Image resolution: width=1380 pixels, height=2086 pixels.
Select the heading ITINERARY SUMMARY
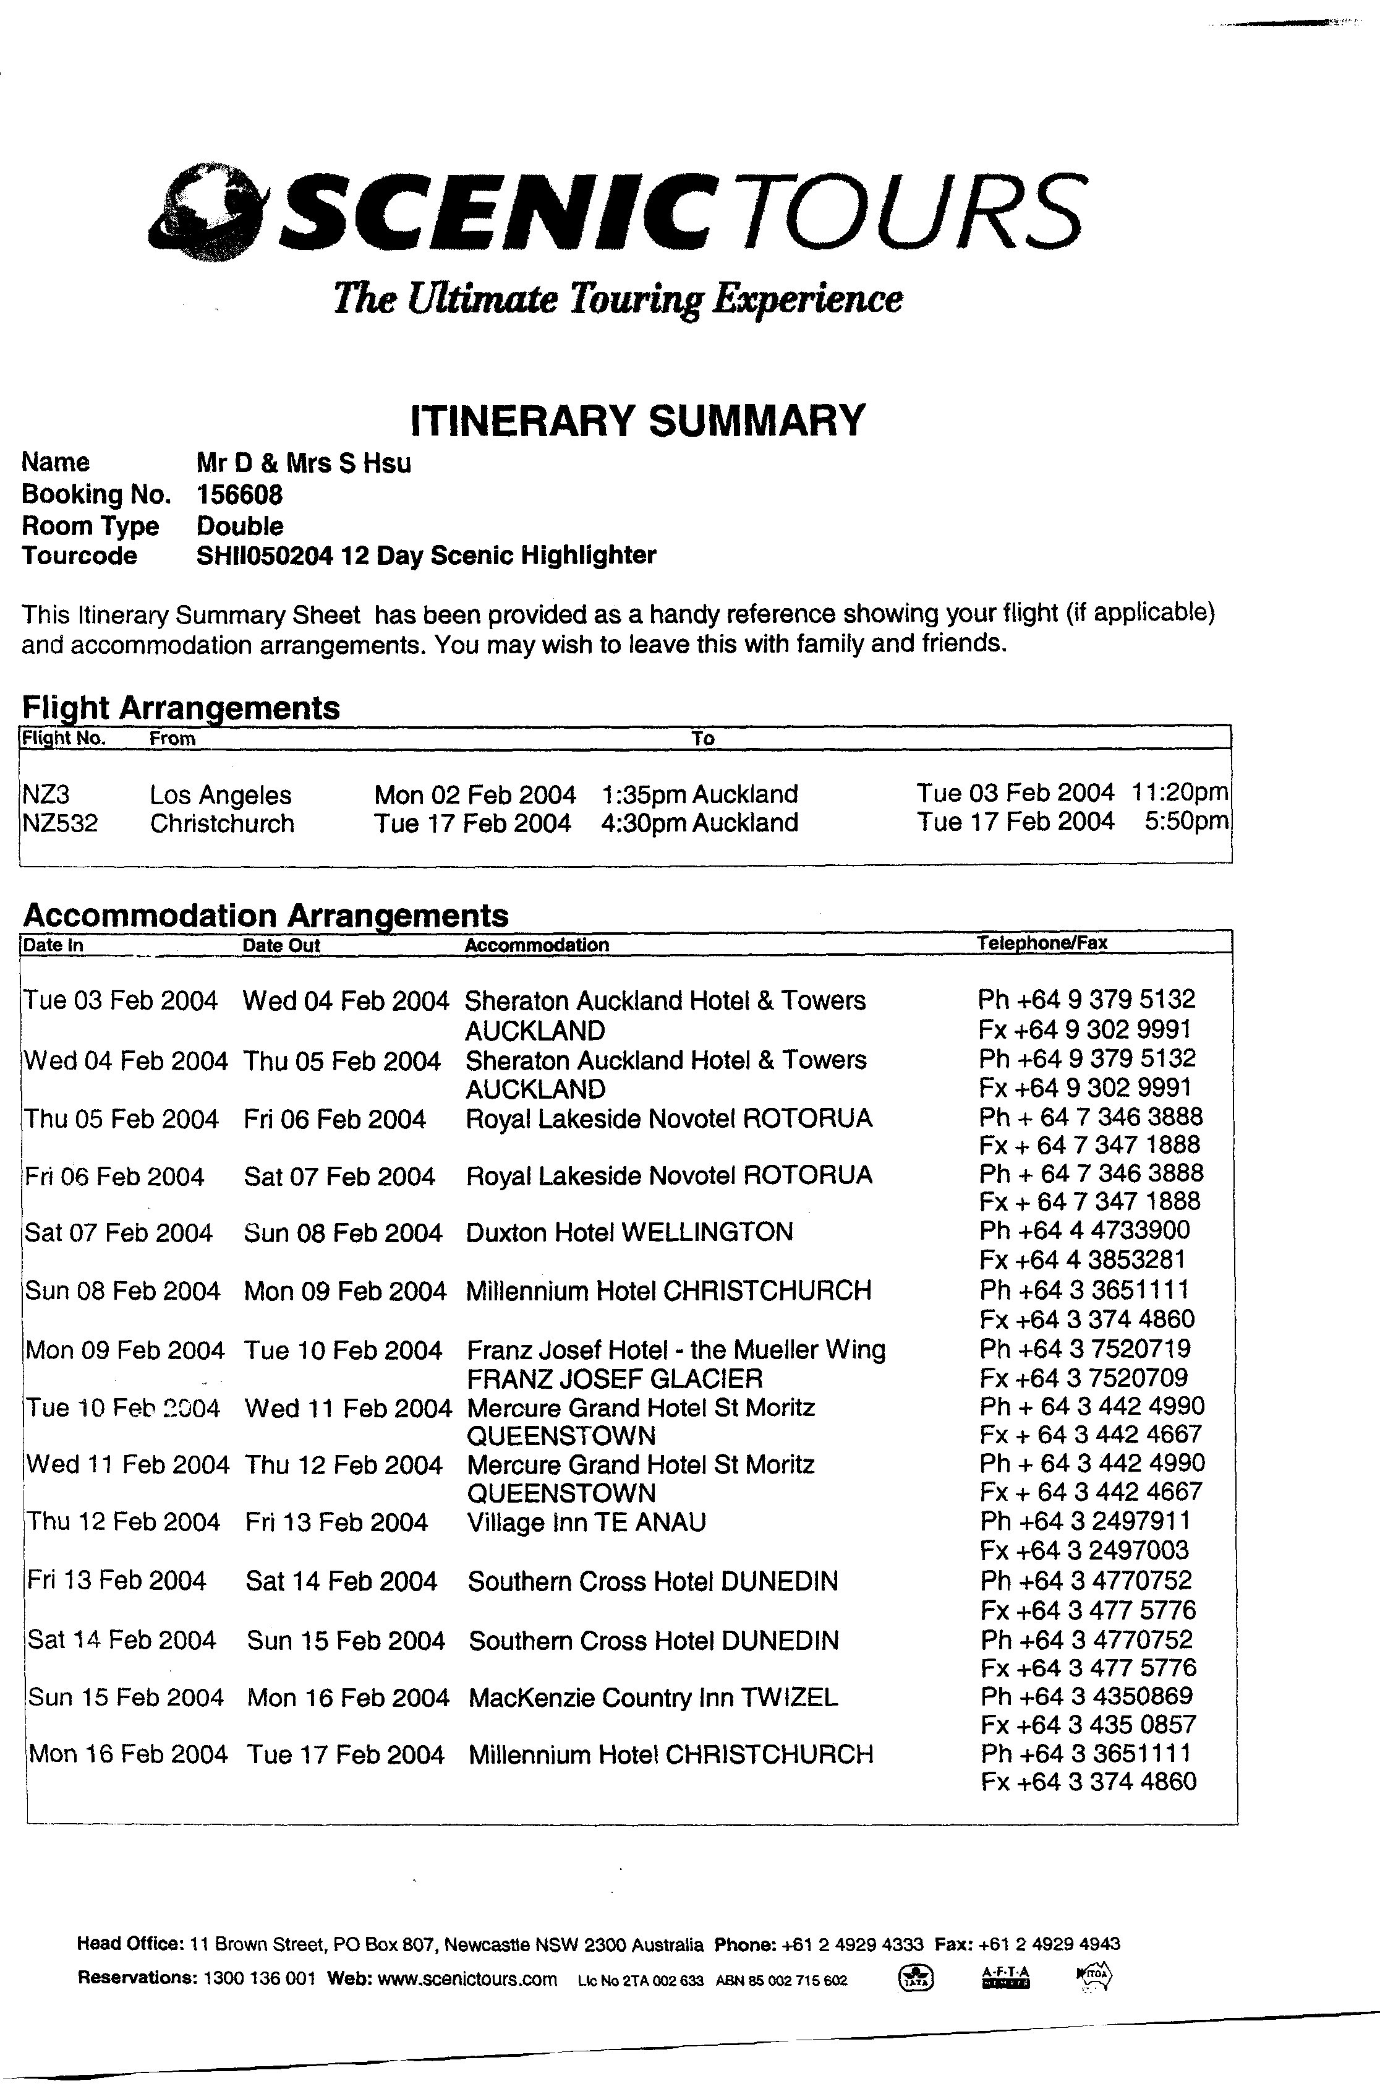point(638,420)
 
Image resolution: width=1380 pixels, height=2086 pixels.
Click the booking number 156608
point(239,495)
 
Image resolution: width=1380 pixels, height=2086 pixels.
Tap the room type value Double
point(239,526)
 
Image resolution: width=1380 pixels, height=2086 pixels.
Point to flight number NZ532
point(60,824)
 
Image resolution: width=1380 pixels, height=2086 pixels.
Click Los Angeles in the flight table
point(220,795)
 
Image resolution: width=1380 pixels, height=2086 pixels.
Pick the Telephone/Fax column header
point(1042,943)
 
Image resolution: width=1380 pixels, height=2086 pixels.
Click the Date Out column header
point(282,946)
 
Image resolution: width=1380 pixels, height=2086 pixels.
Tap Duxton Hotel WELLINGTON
point(629,1232)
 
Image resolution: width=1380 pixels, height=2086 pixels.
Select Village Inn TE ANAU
point(586,1522)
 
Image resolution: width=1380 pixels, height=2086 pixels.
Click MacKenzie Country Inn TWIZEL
point(653,1697)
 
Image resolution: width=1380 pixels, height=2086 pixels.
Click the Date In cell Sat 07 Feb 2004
point(119,1233)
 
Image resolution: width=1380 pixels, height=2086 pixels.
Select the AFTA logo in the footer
point(1004,1978)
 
